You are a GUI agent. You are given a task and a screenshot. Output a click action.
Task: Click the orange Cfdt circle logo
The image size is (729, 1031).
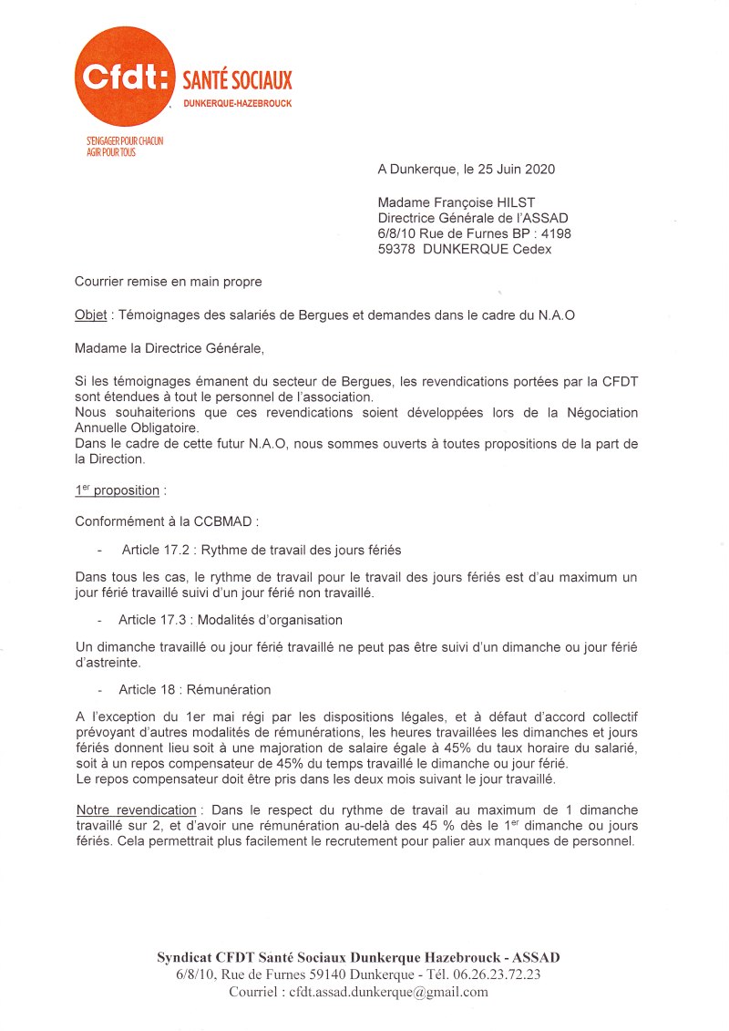(x=122, y=76)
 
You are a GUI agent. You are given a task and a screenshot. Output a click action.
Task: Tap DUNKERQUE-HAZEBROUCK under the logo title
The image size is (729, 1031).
(x=238, y=104)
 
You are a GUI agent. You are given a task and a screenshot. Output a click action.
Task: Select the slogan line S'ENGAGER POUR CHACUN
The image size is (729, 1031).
(x=125, y=141)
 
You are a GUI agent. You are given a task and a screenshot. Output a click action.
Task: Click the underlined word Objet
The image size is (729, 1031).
(x=90, y=315)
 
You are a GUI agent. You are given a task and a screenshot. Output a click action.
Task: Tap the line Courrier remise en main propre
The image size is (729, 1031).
(x=169, y=282)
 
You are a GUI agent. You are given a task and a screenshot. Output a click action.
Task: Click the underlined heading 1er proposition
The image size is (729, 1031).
(x=118, y=490)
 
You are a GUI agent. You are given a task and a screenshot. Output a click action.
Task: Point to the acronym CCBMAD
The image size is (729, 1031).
(x=230, y=522)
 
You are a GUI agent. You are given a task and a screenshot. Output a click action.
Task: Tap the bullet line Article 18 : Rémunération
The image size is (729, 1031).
(x=194, y=689)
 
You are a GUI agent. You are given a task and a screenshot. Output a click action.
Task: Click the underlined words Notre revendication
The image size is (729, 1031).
(x=136, y=809)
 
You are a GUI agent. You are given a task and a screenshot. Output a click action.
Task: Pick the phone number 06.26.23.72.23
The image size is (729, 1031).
(x=496, y=974)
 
